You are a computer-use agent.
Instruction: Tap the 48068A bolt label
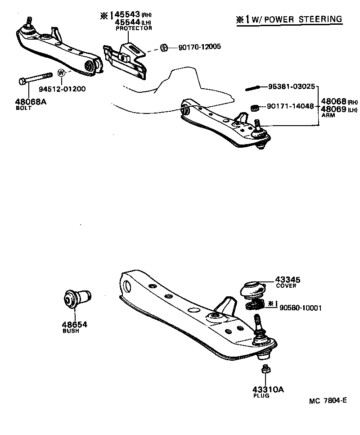tap(31, 102)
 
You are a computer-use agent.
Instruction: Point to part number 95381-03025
tap(291, 86)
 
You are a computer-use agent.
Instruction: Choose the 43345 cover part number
tap(288, 280)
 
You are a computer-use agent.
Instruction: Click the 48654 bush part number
tap(74, 324)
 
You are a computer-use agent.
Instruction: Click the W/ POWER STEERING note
tap(292, 19)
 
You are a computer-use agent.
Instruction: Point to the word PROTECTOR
tap(134, 28)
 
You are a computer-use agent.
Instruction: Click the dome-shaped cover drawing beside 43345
tap(254, 288)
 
